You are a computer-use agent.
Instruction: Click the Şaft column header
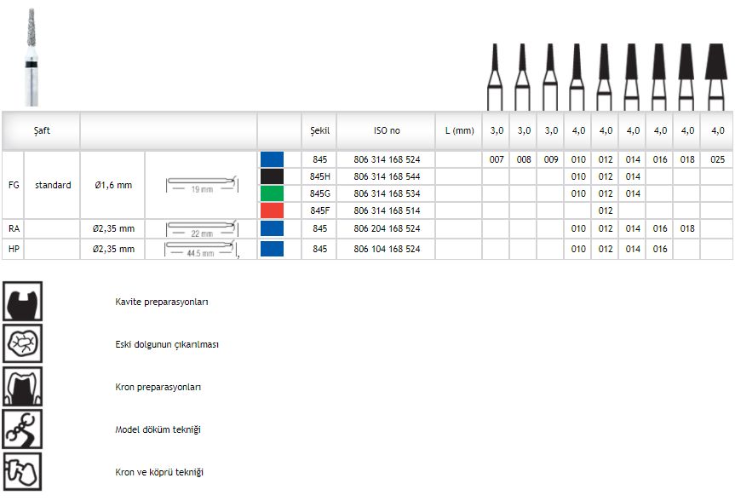(x=42, y=131)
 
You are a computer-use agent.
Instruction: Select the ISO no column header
(x=387, y=131)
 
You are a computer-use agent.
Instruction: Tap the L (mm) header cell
(x=459, y=131)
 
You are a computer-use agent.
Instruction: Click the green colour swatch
(x=272, y=193)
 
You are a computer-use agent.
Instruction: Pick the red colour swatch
(x=272, y=210)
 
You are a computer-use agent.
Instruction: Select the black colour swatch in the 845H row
(x=272, y=176)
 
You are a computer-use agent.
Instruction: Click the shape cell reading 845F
(x=319, y=210)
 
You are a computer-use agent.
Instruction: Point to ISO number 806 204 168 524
(x=387, y=229)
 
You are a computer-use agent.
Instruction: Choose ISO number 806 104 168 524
(x=387, y=249)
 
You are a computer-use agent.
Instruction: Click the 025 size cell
(x=717, y=159)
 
